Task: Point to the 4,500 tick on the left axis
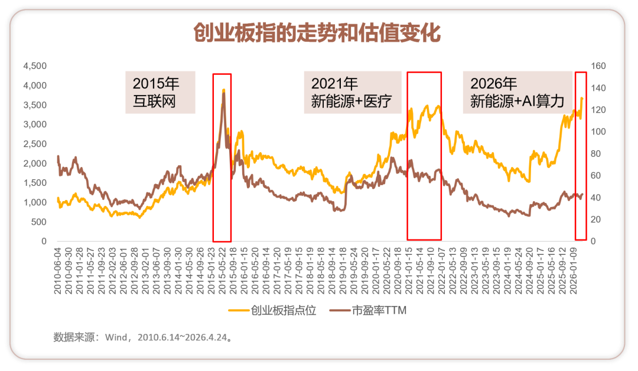pyautogui.click(x=34, y=66)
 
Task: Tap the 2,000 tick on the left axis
pyautogui.click(x=34, y=163)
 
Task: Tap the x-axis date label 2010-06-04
pyautogui.click(x=57, y=268)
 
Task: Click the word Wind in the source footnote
pyautogui.click(x=116, y=338)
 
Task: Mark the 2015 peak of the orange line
pyautogui.click(x=223, y=90)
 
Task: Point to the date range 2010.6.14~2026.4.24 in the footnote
pyautogui.click(x=182, y=338)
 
